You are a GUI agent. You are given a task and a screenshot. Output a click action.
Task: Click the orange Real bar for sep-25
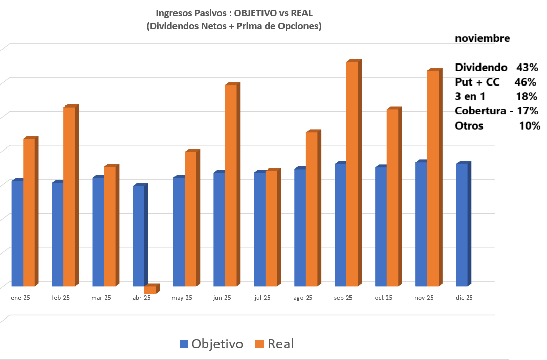[352, 174]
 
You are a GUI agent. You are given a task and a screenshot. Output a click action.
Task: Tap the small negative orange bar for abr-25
[150, 289]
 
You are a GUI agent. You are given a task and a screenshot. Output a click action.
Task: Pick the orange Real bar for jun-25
[231, 185]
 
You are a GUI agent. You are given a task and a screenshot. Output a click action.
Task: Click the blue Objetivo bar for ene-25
[17, 233]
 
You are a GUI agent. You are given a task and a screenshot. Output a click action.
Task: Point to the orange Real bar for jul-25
[271, 228]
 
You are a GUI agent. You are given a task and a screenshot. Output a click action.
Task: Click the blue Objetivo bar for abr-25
[138, 236]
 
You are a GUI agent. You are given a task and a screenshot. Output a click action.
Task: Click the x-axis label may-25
[182, 298]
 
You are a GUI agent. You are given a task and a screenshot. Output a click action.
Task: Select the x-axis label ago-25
[303, 298]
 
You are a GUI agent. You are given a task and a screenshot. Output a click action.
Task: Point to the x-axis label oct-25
[383, 298]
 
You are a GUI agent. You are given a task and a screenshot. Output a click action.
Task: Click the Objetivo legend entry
[211, 344]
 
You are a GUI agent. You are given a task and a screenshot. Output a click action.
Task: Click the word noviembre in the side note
[482, 38]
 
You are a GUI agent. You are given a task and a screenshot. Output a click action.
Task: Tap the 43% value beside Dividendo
[527, 67]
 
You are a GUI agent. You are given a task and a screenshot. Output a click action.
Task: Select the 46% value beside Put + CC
[525, 82]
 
